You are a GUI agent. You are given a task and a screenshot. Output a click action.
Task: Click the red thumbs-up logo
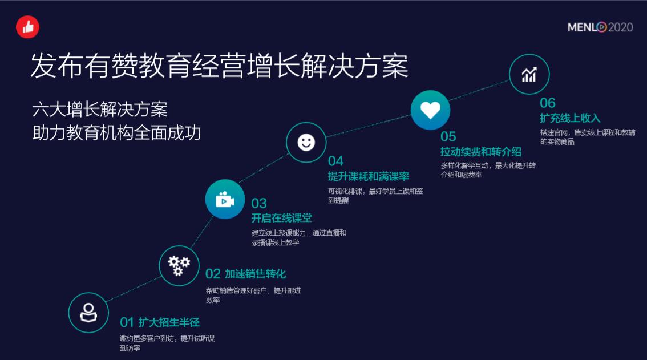click(27, 27)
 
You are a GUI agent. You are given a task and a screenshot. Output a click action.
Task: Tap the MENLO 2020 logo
click(600, 27)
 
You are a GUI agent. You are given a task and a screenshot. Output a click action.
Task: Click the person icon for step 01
click(88, 312)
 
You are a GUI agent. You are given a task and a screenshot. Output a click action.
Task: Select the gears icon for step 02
click(179, 265)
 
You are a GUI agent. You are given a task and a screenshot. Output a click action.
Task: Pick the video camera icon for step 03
click(225, 200)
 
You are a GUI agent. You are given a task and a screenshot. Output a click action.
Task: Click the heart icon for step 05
click(430, 110)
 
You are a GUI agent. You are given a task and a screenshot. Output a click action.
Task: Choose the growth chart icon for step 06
click(529, 74)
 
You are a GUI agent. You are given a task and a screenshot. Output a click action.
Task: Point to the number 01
click(126, 322)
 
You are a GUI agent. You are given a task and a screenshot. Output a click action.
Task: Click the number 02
click(213, 274)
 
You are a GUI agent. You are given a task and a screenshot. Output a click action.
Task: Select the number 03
click(259, 204)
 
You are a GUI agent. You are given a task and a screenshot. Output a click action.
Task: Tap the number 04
click(335, 161)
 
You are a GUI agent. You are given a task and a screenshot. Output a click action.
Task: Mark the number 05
click(448, 136)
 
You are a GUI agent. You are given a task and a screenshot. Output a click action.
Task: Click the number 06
click(548, 103)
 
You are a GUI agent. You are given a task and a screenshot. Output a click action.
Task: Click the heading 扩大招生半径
click(169, 322)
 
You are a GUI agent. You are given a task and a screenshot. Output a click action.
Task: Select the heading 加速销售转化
click(255, 274)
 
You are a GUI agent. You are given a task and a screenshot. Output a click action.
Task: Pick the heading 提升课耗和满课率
click(368, 176)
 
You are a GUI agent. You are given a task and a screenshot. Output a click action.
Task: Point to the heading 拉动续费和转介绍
click(481, 152)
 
